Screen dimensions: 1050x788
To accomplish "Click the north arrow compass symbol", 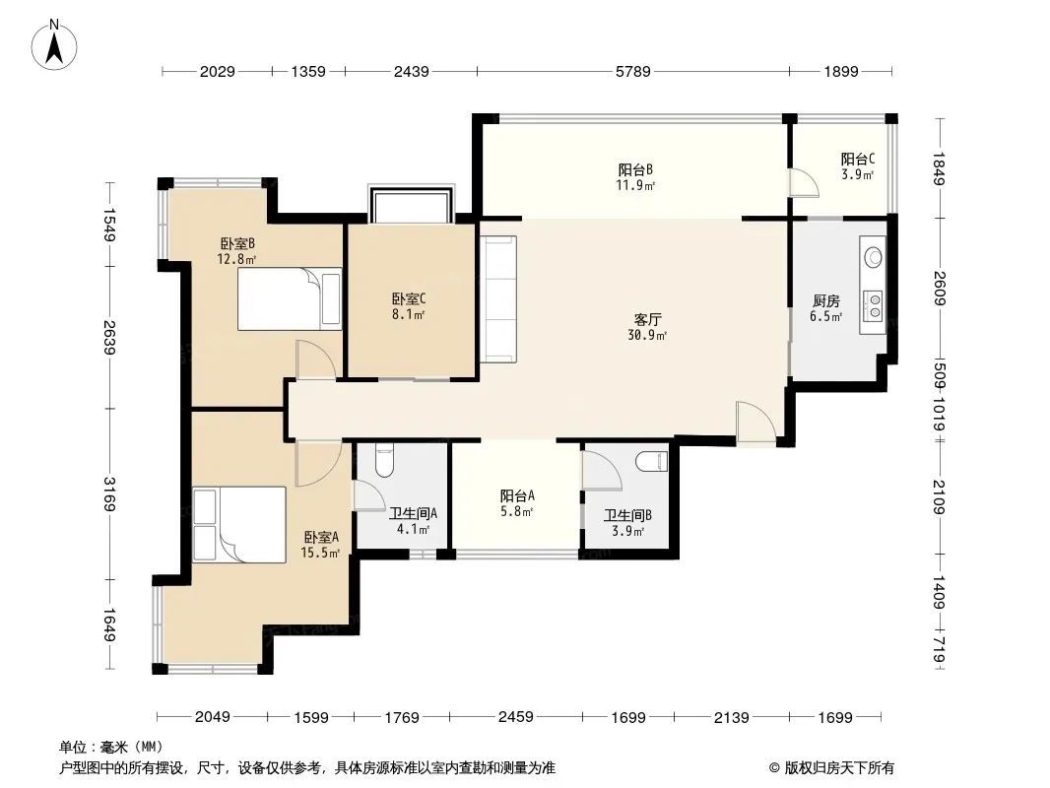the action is pos(54,44).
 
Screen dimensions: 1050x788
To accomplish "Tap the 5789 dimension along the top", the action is pos(632,71).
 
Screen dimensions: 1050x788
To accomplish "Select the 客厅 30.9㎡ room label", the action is pos(647,327).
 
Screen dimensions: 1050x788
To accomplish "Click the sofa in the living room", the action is pos(498,299).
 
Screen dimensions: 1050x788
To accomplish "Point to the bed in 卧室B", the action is pos(290,298).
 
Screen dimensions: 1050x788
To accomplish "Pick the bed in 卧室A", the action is pos(239,524).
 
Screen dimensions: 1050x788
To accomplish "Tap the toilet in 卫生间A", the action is pos(384,460).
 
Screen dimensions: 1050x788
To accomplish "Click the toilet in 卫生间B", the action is pos(651,461).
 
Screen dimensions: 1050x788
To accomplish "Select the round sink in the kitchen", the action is pos(874,256).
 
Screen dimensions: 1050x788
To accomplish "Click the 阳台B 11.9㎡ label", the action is pos(634,177).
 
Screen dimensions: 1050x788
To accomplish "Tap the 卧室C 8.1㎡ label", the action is pos(409,306).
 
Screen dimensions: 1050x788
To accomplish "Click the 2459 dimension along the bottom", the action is pos(515,717).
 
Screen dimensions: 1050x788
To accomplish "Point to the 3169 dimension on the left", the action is pos(109,493).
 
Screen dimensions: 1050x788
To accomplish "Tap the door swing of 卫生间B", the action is pos(602,472).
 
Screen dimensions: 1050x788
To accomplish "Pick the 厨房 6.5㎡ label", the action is pos(826,308).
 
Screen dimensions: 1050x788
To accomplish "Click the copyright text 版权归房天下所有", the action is pos(838,768).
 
